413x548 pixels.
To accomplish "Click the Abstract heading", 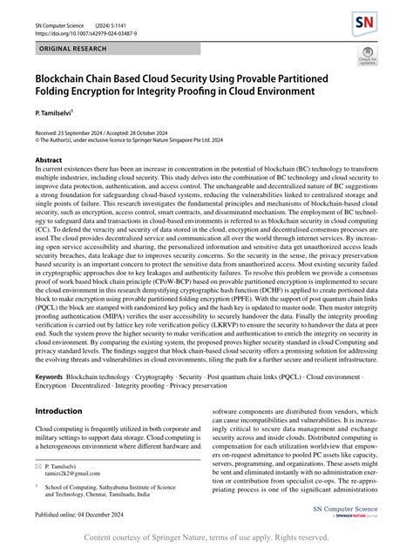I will click(48, 161).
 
